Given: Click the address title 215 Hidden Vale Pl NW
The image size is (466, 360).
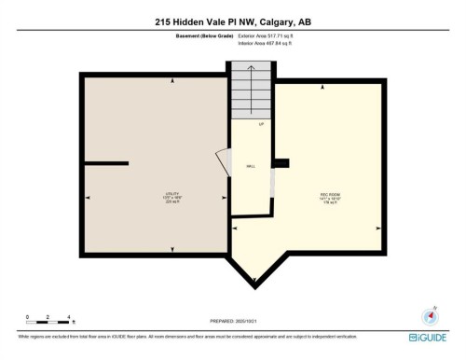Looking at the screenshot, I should (x=232, y=21).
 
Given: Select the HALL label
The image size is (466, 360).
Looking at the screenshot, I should (x=251, y=166).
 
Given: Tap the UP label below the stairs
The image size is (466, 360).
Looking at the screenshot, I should (x=262, y=123).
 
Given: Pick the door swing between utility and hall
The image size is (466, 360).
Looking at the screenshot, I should (x=223, y=162).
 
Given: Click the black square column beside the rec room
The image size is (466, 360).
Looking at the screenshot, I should (x=282, y=163).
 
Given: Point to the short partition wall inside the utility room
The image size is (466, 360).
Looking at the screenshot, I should (x=106, y=164).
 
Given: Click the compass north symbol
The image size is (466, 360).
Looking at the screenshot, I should (x=431, y=315).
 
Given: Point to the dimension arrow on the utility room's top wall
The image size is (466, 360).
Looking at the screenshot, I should (x=172, y=81).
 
